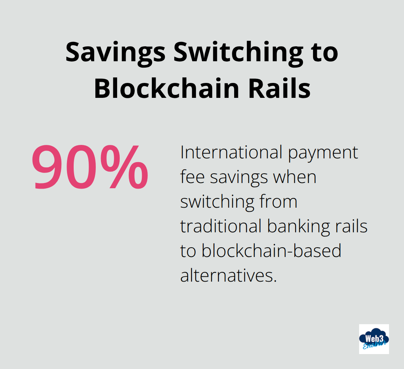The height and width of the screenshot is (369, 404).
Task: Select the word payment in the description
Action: [x=323, y=152]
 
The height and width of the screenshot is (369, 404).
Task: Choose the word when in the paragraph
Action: [x=295, y=177]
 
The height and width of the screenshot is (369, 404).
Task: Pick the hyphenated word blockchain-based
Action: [x=271, y=251]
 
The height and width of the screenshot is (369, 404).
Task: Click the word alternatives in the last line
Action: [x=229, y=276]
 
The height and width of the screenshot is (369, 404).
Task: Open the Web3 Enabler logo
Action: [x=374, y=339]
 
